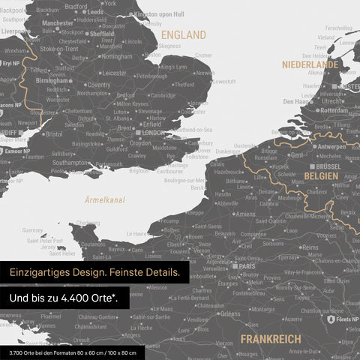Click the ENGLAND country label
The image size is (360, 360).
(x=184, y=35)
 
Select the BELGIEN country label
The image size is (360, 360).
(x=321, y=175)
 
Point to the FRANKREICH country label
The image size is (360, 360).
(x=270, y=340)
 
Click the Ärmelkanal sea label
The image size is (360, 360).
(x=105, y=200)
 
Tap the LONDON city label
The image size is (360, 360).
(x=153, y=133)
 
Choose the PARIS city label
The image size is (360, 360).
(x=247, y=265)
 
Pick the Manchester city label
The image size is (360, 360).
(x=58, y=23)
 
